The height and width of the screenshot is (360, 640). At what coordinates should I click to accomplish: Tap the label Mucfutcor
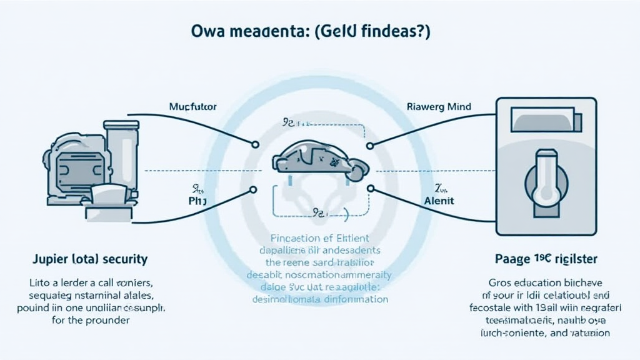[193, 107]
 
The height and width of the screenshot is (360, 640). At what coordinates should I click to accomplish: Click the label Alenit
[439, 201]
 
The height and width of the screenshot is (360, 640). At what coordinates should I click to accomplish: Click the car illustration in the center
[320, 159]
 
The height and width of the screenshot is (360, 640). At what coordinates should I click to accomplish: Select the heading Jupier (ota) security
[91, 258]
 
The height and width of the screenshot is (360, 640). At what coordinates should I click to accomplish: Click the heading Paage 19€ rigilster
[541, 258]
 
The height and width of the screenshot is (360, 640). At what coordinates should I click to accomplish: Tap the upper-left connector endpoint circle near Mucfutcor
[255, 145]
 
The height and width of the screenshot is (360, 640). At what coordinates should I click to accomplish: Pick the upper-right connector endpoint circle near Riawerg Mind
[370, 145]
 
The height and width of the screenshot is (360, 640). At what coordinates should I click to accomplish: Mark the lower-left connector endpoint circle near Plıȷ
[255, 188]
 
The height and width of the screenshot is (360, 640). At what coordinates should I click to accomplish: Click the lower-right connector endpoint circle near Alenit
[370, 188]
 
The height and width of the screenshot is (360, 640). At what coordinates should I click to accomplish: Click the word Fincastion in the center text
[293, 238]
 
